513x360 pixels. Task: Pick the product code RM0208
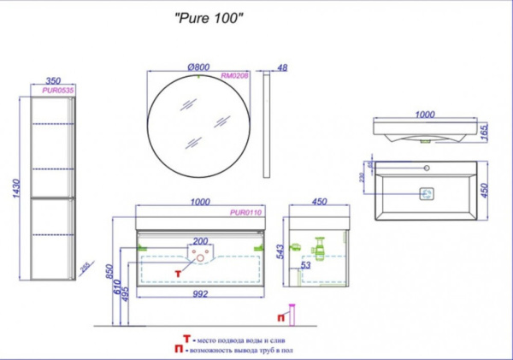pyautogui.click(x=233, y=75)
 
